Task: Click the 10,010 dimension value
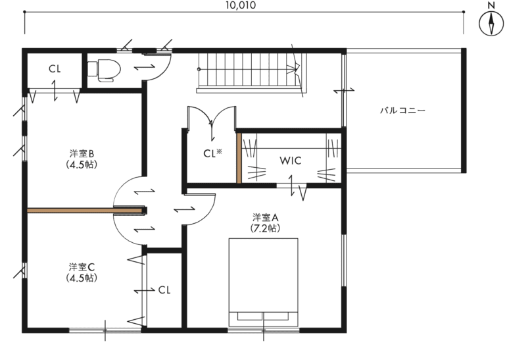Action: coord(241,5)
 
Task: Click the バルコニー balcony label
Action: coord(402,111)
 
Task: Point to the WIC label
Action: coord(291,161)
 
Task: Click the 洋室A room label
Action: coord(266,218)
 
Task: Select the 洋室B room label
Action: coord(82,153)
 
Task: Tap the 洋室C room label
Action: coord(82,267)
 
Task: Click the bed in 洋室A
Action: coord(264,282)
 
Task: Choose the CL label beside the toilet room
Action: coord(55,68)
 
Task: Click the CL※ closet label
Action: coord(212,153)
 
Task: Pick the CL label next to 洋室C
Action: coord(164,290)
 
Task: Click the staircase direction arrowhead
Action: coord(293,69)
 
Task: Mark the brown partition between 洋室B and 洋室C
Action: coord(85,211)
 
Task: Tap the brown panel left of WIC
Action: coord(239,158)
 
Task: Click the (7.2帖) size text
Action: coord(265,228)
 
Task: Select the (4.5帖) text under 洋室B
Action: coord(82,165)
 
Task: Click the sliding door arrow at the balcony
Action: coord(344,91)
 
